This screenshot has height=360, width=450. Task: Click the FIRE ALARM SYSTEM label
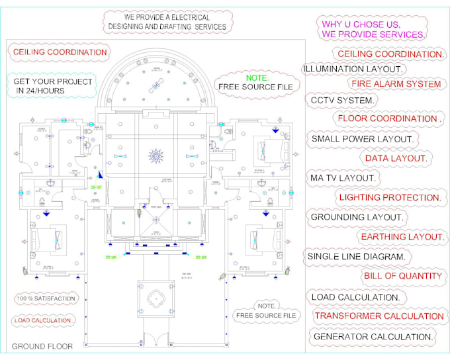[x=396, y=84]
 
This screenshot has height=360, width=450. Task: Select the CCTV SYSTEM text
[x=343, y=101]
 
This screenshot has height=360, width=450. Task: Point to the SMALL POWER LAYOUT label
[x=363, y=139]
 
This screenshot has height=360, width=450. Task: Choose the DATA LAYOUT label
[x=396, y=158]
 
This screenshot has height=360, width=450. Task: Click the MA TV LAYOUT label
[x=343, y=178]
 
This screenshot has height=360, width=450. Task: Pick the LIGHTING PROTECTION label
[x=390, y=197]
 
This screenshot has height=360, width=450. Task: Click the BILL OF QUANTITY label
[x=402, y=276]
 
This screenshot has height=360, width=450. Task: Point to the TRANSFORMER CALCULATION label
[x=379, y=316]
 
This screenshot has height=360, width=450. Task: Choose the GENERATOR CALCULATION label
[x=373, y=336]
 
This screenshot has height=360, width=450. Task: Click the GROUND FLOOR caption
[x=42, y=346]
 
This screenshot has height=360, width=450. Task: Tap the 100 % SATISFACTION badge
[x=46, y=298]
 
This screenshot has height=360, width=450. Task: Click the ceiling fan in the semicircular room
[x=157, y=84]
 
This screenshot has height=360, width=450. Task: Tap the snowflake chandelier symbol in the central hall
[x=156, y=156]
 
